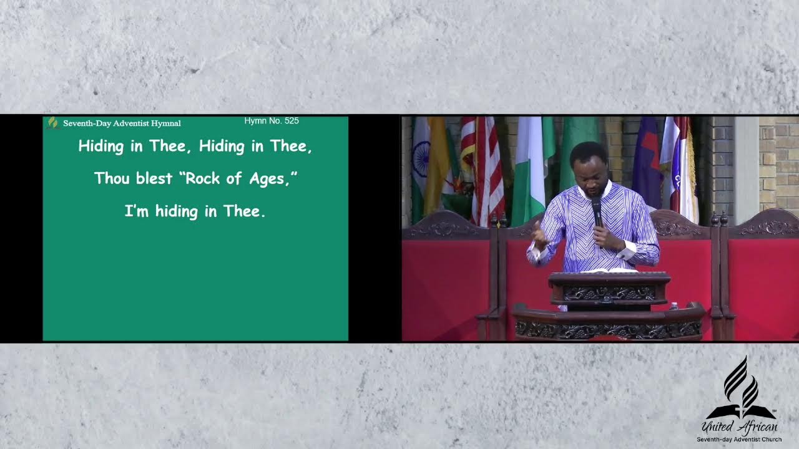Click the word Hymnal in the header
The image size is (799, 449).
click(x=165, y=123)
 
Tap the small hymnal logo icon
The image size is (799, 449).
click(x=53, y=123)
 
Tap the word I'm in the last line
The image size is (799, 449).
click(x=136, y=211)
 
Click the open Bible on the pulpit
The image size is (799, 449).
click(x=609, y=270)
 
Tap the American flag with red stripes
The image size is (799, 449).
click(x=484, y=168)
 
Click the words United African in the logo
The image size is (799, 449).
click(x=740, y=427)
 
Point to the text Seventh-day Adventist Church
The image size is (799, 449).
click(x=740, y=440)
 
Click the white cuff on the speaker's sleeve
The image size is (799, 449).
click(x=627, y=251)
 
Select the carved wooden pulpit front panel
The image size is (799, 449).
click(x=609, y=293)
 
